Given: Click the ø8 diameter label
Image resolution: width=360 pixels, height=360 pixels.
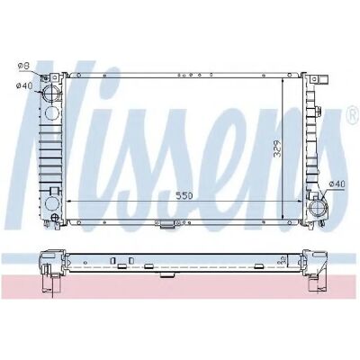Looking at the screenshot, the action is click(x=23, y=66).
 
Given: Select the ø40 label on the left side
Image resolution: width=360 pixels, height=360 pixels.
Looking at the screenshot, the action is click(x=24, y=85).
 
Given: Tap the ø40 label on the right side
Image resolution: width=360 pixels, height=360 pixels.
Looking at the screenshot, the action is click(x=337, y=184).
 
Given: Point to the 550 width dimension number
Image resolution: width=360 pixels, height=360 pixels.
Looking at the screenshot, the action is click(x=184, y=196).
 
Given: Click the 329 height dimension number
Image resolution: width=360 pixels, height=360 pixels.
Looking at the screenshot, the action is click(x=277, y=148).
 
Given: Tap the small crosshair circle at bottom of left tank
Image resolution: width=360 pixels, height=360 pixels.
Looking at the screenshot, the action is click(x=55, y=218).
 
